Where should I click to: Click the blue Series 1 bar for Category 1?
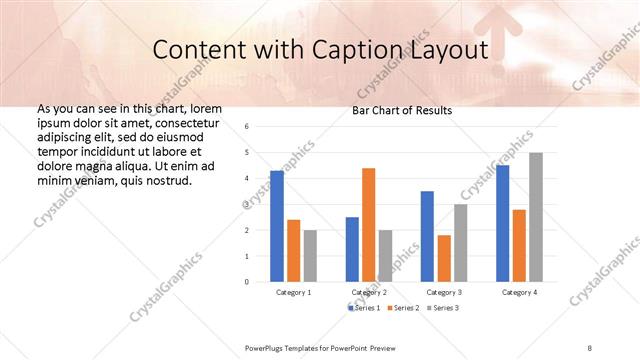276,226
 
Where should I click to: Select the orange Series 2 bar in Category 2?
368,225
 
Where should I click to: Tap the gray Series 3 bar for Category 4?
535,217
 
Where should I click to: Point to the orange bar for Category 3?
443,258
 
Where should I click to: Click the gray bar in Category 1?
310,256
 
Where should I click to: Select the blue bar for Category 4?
502,223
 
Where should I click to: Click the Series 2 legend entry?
402,307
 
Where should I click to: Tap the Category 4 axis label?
518,292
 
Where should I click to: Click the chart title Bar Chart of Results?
403,110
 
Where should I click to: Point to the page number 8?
590,346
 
